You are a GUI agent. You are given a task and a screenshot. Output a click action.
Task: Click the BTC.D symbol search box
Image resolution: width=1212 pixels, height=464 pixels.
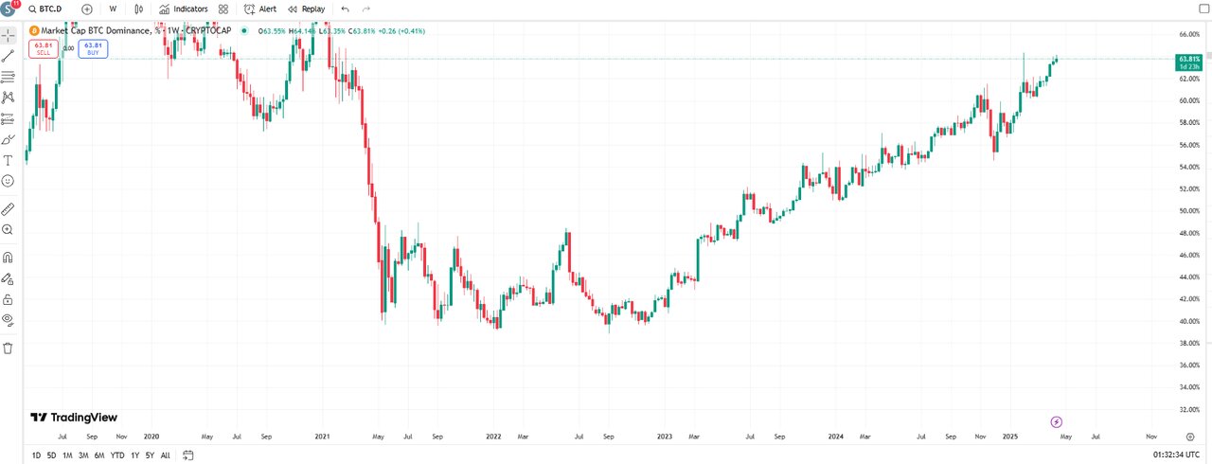click(x=51, y=9)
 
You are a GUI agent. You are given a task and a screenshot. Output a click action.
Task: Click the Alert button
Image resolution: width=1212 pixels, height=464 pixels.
click(x=260, y=9)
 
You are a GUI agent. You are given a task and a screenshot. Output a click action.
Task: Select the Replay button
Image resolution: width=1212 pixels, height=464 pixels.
click(x=307, y=9)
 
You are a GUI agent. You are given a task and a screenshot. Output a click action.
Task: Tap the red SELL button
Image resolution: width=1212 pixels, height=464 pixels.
click(x=44, y=48)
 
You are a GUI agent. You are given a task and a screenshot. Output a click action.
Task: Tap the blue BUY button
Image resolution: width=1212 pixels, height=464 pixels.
click(x=93, y=48)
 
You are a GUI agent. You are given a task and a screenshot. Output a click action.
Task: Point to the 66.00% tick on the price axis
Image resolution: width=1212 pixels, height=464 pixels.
click(x=1187, y=34)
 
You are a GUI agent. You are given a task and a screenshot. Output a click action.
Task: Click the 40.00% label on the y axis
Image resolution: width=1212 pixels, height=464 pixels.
click(x=1187, y=321)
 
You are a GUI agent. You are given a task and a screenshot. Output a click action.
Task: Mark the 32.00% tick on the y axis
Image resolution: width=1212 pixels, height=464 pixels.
click(x=1187, y=409)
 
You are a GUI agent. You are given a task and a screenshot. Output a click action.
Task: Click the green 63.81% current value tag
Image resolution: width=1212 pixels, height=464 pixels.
click(x=1188, y=62)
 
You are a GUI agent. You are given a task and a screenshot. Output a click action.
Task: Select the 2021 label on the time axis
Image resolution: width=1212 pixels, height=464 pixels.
click(x=322, y=437)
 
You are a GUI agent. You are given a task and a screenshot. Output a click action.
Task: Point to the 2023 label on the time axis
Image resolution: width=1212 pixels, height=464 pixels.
click(x=665, y=437)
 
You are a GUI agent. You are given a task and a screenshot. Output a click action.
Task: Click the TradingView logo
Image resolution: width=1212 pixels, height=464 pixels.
click(x=74, y=418)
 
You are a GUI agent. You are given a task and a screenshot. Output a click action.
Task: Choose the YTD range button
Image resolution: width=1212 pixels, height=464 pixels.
click(x=117, y=455)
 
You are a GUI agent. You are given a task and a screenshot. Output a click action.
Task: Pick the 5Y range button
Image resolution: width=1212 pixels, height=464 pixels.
click(x=150, y=455)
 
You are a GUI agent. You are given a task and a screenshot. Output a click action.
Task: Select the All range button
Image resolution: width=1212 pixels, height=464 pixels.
click(x=166, y=455)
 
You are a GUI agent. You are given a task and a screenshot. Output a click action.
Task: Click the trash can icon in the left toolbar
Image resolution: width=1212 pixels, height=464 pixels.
click(x=9, y=348)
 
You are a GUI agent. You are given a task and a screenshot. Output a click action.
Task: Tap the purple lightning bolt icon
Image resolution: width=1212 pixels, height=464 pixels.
click(x=1058, y=421)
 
